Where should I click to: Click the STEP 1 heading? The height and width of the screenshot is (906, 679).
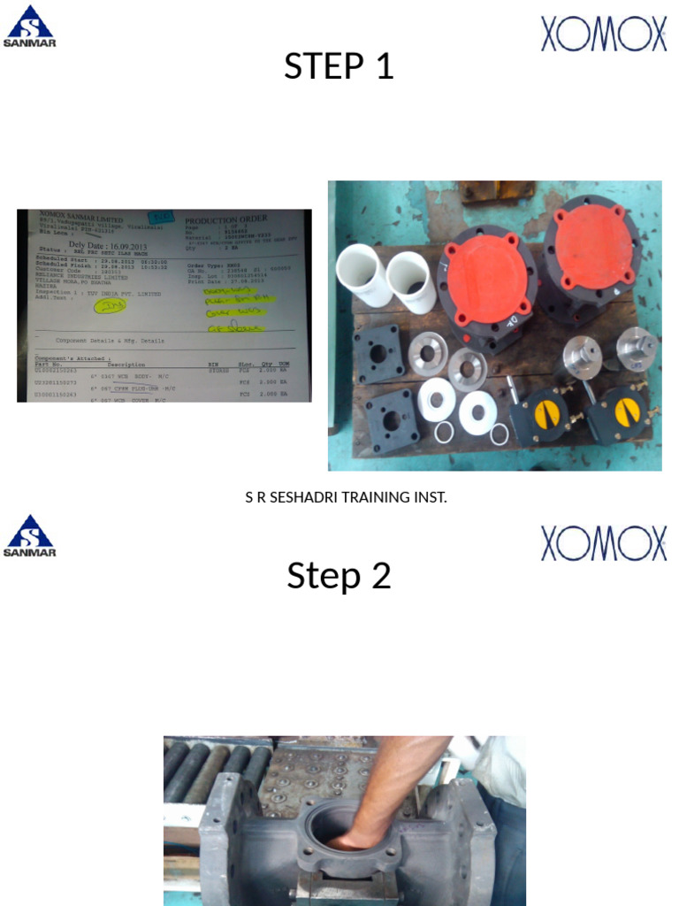tap(339, 66)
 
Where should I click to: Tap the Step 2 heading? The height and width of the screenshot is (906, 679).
tap(339, 576)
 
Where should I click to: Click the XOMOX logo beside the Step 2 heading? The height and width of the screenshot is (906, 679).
tap(604, 543)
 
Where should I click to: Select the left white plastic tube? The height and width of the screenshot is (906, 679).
tap(362, 273)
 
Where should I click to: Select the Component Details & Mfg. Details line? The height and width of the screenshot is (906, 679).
tap(110, 341)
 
